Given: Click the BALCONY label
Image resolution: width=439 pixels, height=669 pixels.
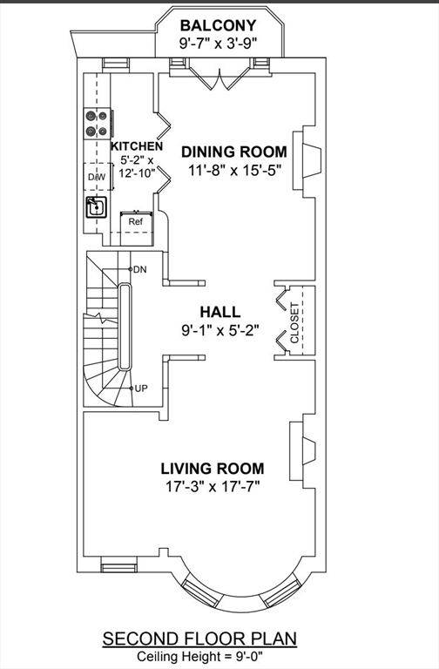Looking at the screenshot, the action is (218, 25).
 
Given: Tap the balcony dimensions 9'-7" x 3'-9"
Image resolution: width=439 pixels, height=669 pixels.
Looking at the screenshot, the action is (218, 44).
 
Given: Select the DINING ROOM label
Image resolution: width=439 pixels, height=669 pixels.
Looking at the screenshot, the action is (234, 152).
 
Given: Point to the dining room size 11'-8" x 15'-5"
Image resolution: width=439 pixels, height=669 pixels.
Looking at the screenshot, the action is (235, 170).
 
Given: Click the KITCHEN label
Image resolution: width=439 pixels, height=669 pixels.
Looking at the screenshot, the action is (137, 146).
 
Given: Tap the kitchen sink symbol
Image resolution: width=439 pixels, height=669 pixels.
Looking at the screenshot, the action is (97, 207).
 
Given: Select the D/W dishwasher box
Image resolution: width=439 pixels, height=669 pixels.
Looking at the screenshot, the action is (97, 177).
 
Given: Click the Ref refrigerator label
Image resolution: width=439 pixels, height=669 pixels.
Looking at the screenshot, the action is (136, 222).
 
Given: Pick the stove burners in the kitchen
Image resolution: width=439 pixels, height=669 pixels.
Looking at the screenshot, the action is (97, 123).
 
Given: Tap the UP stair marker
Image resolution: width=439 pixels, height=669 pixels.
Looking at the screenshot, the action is (141, 389).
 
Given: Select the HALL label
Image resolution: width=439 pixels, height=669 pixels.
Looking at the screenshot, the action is (220, 312).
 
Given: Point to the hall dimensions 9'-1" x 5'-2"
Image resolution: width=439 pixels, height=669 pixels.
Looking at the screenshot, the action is (220, 330).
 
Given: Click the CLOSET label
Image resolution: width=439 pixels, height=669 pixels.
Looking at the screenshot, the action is (294, 322).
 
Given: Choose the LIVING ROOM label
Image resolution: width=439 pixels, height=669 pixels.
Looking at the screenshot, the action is (213, 469).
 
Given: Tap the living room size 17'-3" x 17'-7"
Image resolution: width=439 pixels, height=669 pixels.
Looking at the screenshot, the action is (213, 486).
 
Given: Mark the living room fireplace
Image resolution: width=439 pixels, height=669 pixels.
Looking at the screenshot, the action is (304, 451).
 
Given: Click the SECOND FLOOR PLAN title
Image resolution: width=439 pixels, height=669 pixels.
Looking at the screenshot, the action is (199, 639).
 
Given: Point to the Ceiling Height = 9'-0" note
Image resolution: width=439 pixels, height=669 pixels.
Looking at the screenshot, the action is (199, 656).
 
